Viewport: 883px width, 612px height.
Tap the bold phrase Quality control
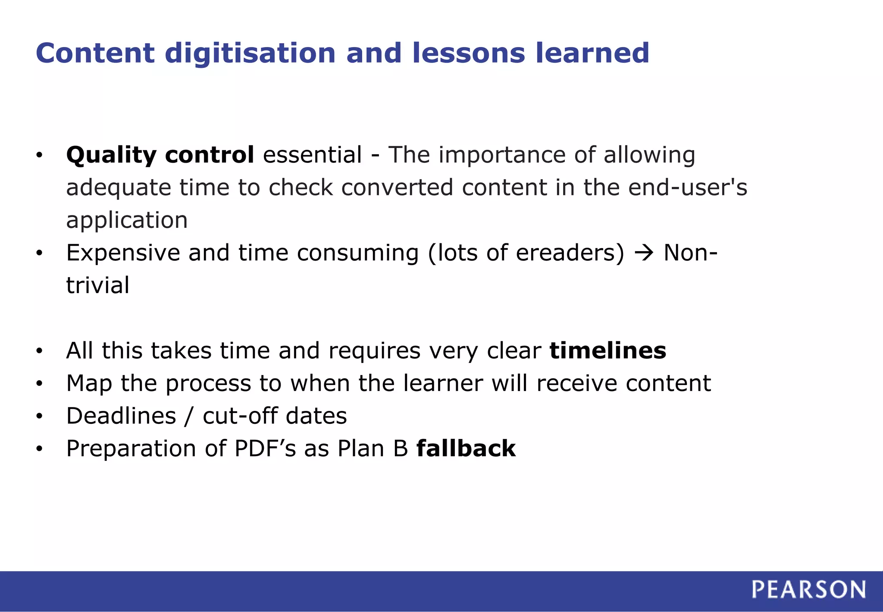click(x=160, y=155)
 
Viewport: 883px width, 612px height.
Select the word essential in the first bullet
click(x=312, y=155)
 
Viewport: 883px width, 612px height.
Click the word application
click(x=127, y=221)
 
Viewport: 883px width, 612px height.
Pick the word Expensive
click(x=123, y=253)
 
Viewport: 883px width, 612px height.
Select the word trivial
click(x=97, y=286)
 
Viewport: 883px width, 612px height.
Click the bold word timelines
click(x=608, y=350)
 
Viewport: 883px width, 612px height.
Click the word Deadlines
click(x=121, y=416)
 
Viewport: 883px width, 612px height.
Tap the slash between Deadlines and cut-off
click(x=189, y=416)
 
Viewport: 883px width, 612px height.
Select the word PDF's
click(x=265, y=449)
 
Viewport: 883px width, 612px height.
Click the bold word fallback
click(x=466, y=449)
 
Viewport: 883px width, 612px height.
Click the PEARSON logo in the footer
click(x=808, y=590)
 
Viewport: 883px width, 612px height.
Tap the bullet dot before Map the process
click(x=39, y=384)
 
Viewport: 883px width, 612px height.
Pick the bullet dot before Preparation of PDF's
click(x=39, y=450)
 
